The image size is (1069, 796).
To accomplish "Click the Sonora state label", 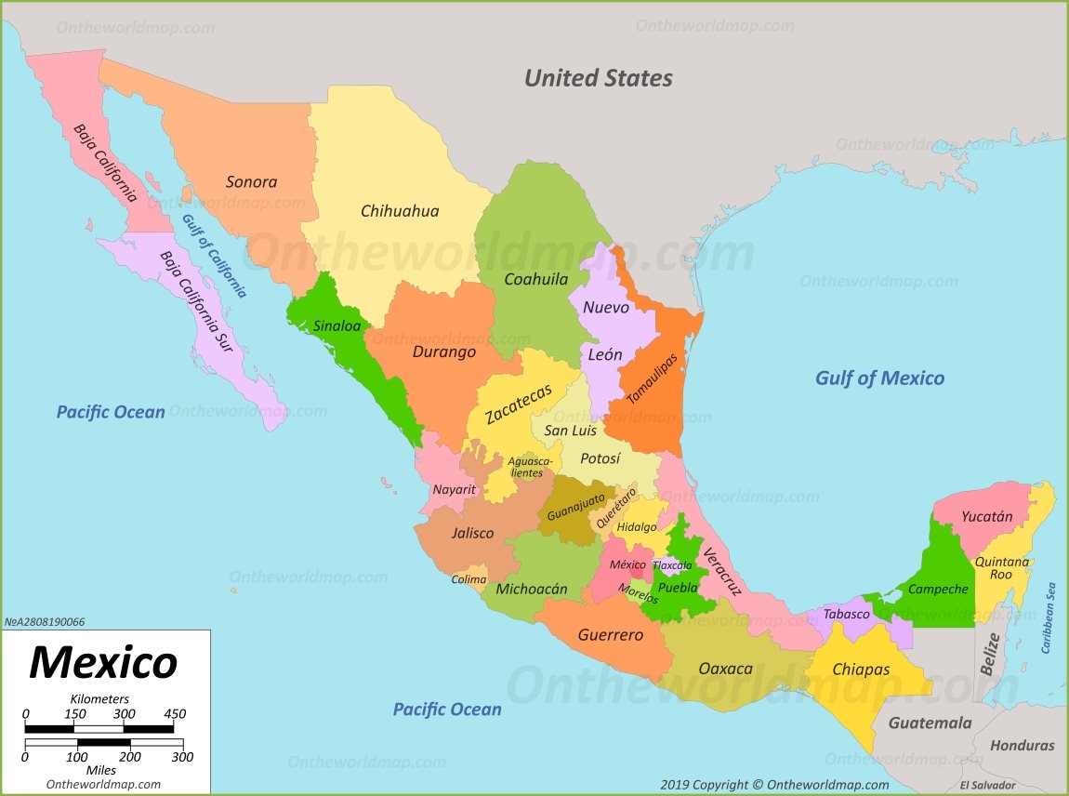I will [251, 182].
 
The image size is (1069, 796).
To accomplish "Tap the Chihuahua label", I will [400, 211].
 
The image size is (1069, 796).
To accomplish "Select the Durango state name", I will [444, 352].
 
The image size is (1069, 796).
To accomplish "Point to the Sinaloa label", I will [336, 325].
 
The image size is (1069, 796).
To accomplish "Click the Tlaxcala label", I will [672, 565].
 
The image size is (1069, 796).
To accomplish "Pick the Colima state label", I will [469, 579].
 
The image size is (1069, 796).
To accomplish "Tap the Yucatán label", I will [986, 517].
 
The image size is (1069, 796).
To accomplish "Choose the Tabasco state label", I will [847, 614].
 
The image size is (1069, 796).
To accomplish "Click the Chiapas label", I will [861, 670].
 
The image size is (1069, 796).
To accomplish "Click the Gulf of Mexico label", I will [879, 378].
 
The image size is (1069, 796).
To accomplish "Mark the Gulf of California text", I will [214, 256].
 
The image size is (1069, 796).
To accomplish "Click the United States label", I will [598, 78].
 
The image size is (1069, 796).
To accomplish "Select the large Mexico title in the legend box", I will [102, 662].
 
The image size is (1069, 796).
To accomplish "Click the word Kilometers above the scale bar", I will [99, 698].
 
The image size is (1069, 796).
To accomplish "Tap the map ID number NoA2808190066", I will [44, 622].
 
